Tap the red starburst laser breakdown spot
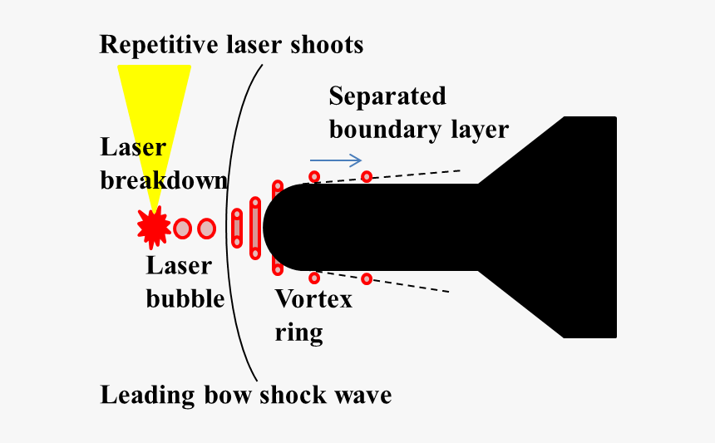[154, 228]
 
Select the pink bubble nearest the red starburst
[182, 229]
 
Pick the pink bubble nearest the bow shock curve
[206, 229]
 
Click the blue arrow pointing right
[336, 160]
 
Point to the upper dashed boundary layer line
[387, 176]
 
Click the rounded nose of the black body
[283, 228]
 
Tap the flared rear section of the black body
[547, 227]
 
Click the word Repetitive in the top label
[159, 45]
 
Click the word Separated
[387, 96]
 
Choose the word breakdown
[163, 180]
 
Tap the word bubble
[185, 299]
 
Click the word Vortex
[313, 299]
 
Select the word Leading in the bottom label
[147, 395]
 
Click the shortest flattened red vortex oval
[237, 229]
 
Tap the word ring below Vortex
[298, 333]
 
